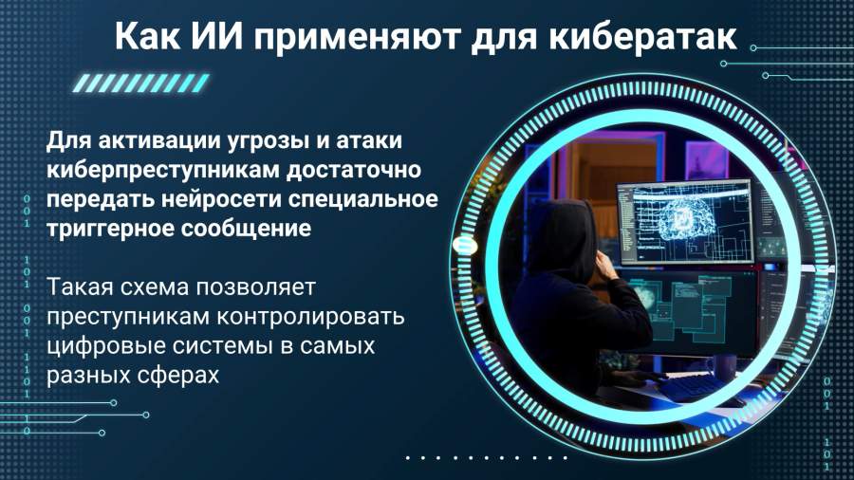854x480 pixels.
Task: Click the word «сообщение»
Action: point(246,229)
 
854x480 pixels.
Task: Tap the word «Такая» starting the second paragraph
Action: point(80,286)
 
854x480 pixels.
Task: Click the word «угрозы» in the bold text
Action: point(267,141)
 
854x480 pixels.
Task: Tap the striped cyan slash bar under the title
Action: point(141,83)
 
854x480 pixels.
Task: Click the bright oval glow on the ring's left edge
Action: point(465,246)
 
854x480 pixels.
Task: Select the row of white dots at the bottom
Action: point(487,457)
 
